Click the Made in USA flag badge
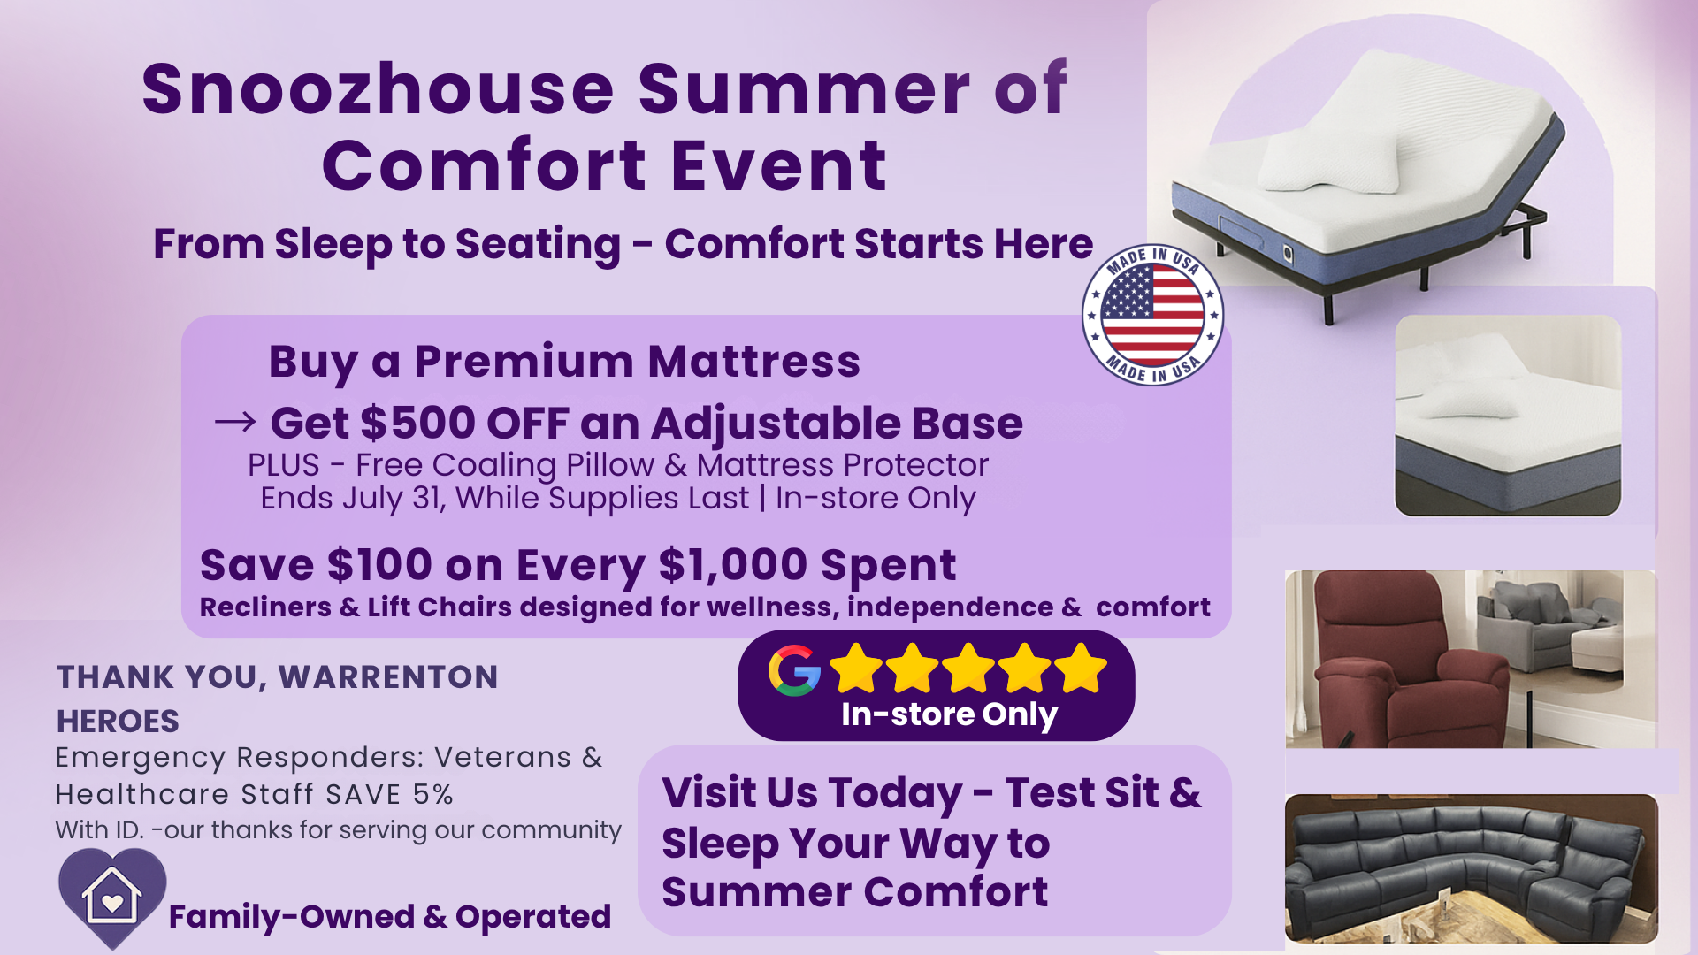[x=1152, y=315]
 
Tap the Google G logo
[x=794, y=670]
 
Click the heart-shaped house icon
[x=112, y=897]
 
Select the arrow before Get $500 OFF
[x=235, y=422]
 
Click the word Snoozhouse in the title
[x=378, y=89]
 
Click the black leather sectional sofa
[x=1471, y=869]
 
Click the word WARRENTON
[x=388, y=677]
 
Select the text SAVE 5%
[x=389, y=794]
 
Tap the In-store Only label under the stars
[x=949, y=714]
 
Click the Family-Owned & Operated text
[x=390, y=917]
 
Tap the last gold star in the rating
[x=1081, y=668]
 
